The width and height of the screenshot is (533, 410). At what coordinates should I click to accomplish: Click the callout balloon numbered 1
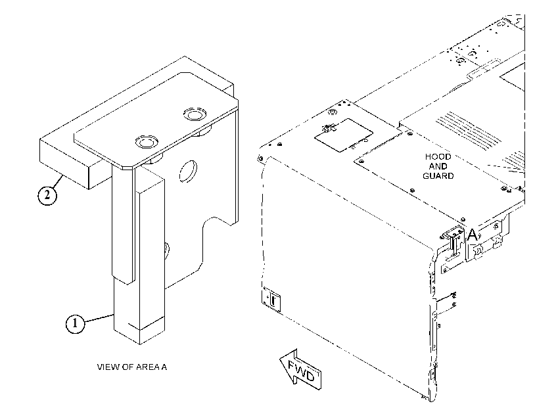(75, 323)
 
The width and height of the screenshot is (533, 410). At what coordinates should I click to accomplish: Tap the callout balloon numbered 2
(47, 196)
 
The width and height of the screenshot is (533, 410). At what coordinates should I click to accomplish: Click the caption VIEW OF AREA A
(132, 367)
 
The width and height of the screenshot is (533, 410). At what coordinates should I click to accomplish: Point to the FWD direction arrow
(300, 369)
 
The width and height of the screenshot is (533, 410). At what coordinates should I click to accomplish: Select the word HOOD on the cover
(438, 157)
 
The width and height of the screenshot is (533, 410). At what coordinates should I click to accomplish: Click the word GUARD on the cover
(438, 176)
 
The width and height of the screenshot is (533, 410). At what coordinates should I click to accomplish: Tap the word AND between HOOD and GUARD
(438, 166)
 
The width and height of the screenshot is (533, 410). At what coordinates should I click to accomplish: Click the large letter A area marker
(473, 235)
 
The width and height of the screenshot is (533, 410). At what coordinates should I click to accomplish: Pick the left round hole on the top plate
(147, 142)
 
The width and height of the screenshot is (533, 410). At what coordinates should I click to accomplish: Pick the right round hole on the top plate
(195, 114)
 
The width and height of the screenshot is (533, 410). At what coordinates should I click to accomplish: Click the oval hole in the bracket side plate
(188, 171)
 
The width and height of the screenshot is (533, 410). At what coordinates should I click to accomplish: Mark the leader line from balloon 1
(99, 318)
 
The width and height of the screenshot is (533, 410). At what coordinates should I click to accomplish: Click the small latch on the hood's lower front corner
(271, 299)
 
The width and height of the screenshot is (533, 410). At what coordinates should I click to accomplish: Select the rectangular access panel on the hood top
(344, 135)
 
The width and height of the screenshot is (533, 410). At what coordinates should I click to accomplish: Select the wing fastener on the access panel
(327, 129)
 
